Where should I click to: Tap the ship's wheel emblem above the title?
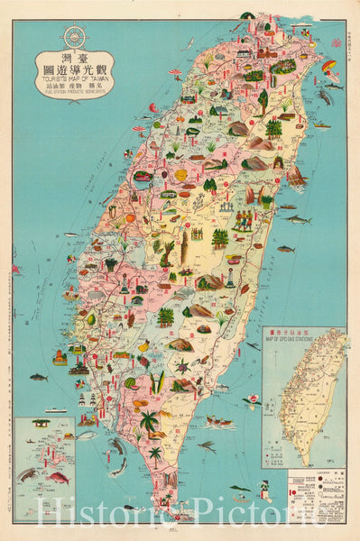point(75,37)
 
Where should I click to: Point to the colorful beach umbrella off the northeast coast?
point(331,69)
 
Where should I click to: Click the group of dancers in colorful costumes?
point(245,220)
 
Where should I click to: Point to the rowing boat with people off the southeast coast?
point(219,421)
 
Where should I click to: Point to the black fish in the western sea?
point(38,377)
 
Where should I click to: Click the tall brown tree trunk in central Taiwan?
point(184,248)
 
